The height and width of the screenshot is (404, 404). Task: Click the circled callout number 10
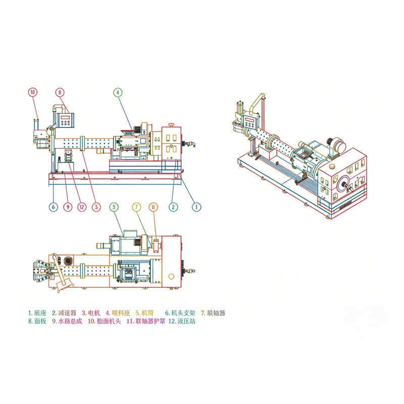[x=33, y=92]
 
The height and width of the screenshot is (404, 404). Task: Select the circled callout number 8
[x=60, y=92]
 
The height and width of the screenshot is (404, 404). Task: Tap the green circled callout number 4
[x=118, y=92]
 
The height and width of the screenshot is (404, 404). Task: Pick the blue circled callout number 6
[x=54, y=207]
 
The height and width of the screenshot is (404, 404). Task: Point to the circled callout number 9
[x=68, y=207]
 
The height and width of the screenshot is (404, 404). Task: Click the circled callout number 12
[x=82, y=207]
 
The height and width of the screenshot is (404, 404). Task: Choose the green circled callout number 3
[x=114, y=207]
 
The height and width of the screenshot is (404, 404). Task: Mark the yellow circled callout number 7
[x=136, y=207]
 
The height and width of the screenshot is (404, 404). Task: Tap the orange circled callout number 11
[x=154, y=207]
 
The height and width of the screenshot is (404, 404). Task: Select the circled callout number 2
[x=173, y=207]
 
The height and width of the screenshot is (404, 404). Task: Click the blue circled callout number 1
[x=196, y=207]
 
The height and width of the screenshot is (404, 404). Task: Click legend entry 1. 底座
[x=37, y=313]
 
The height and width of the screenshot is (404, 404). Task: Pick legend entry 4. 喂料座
[x=118, y=313]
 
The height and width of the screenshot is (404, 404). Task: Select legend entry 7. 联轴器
[x=213, y=313]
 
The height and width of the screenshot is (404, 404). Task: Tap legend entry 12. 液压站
[x=182, y=321]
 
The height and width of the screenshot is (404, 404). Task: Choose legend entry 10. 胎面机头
[x=105, y=321]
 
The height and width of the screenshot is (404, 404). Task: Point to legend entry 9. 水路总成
[x=67, y=321]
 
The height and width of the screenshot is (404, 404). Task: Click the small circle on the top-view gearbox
[x=171, y=276]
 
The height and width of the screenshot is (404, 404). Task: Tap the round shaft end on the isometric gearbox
[x=344, y=184]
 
